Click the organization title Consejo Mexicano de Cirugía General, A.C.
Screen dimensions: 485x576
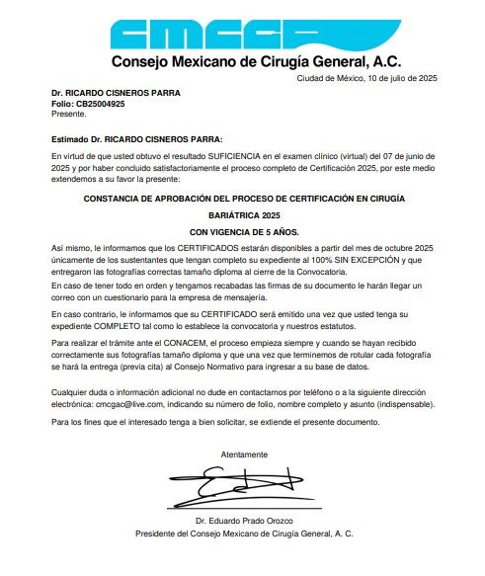click(242, 63)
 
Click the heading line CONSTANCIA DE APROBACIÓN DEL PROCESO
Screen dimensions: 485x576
click(243, 198)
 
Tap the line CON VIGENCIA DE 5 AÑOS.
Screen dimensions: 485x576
click(243, 230)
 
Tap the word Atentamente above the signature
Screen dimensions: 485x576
click(243, 453)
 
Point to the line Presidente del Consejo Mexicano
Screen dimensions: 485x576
click(243, 534)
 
